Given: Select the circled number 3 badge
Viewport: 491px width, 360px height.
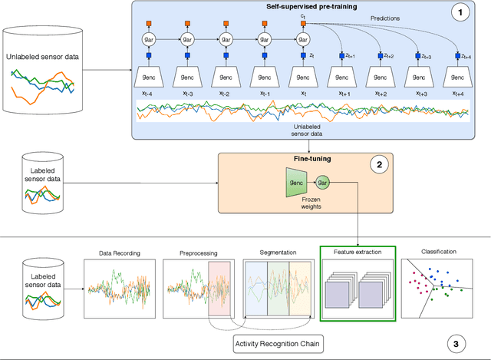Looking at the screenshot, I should [457, 343].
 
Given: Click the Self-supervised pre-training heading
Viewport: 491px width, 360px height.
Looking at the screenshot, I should [302, 6].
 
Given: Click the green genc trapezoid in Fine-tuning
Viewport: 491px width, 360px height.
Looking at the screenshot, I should [297, 183].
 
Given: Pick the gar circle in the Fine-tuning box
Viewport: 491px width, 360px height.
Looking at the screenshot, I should [323, 183].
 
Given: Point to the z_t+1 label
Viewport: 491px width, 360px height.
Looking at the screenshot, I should [352, 56].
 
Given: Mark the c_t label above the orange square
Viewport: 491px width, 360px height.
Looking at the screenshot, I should [304, 14].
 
